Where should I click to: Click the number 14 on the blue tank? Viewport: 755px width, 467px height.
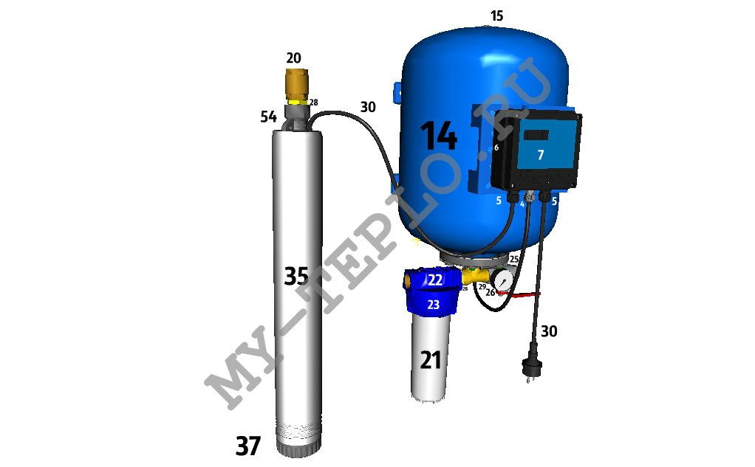439,136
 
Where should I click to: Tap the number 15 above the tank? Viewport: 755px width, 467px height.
496,16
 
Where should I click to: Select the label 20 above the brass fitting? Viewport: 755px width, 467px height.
293,58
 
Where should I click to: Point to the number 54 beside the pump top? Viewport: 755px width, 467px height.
269,117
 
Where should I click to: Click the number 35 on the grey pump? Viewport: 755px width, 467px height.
296,276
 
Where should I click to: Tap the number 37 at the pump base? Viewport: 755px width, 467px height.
248,446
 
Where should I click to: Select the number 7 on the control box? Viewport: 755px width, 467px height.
541,154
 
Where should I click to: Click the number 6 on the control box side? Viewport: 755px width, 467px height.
496,148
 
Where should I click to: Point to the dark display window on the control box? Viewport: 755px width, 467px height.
536,135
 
